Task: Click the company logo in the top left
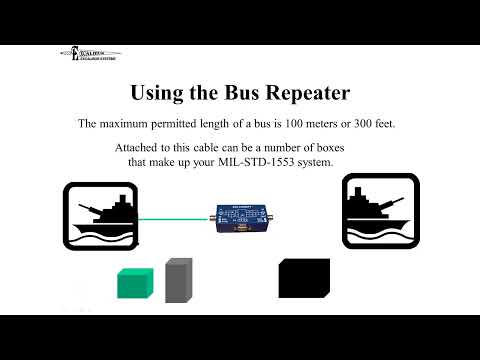coord(89,56)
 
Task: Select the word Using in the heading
coord(165,92)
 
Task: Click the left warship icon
coord(99,215)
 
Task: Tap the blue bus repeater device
coord(239,218)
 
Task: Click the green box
coord(136,283)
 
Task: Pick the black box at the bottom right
coord(303,278)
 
